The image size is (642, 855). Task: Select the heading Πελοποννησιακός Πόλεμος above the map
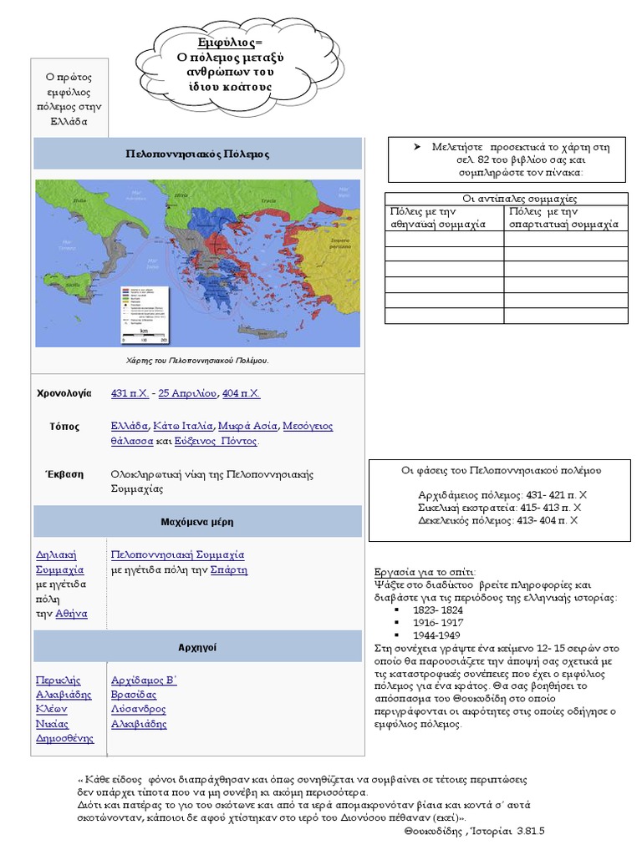pyautogui.click(x=197, y=154)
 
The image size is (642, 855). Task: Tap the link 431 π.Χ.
pyautogui.click(x=130, y=393)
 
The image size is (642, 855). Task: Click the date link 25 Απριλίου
pyautogui.click(x=188, y=393)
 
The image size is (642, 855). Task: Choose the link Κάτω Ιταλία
pyautogui.click(x=184, y=426)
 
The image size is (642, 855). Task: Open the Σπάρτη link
pyautogui.click(x=229, y=569)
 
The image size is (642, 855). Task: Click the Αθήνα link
pyautogui.click(x=71, y=614)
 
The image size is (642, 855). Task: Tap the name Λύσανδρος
pyautogui.click(x=138, y=709)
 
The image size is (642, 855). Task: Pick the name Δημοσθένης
pyautogui.click(x=64, y=738)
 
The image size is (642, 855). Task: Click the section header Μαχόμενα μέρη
pyautogui.click(x=197, y=522)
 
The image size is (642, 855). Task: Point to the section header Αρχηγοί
pyautogui.click(x=197, y=648)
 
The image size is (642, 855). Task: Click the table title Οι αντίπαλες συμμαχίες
pyautogui.click(x=507, y=199)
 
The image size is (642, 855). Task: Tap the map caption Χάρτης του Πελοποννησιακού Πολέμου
pyautogui.click(x=197, y=360)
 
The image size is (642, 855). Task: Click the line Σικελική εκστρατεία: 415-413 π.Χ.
pyautogui.click(x=499, y=507)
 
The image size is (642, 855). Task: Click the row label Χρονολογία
pyautogui.click(x=64, y=393)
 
